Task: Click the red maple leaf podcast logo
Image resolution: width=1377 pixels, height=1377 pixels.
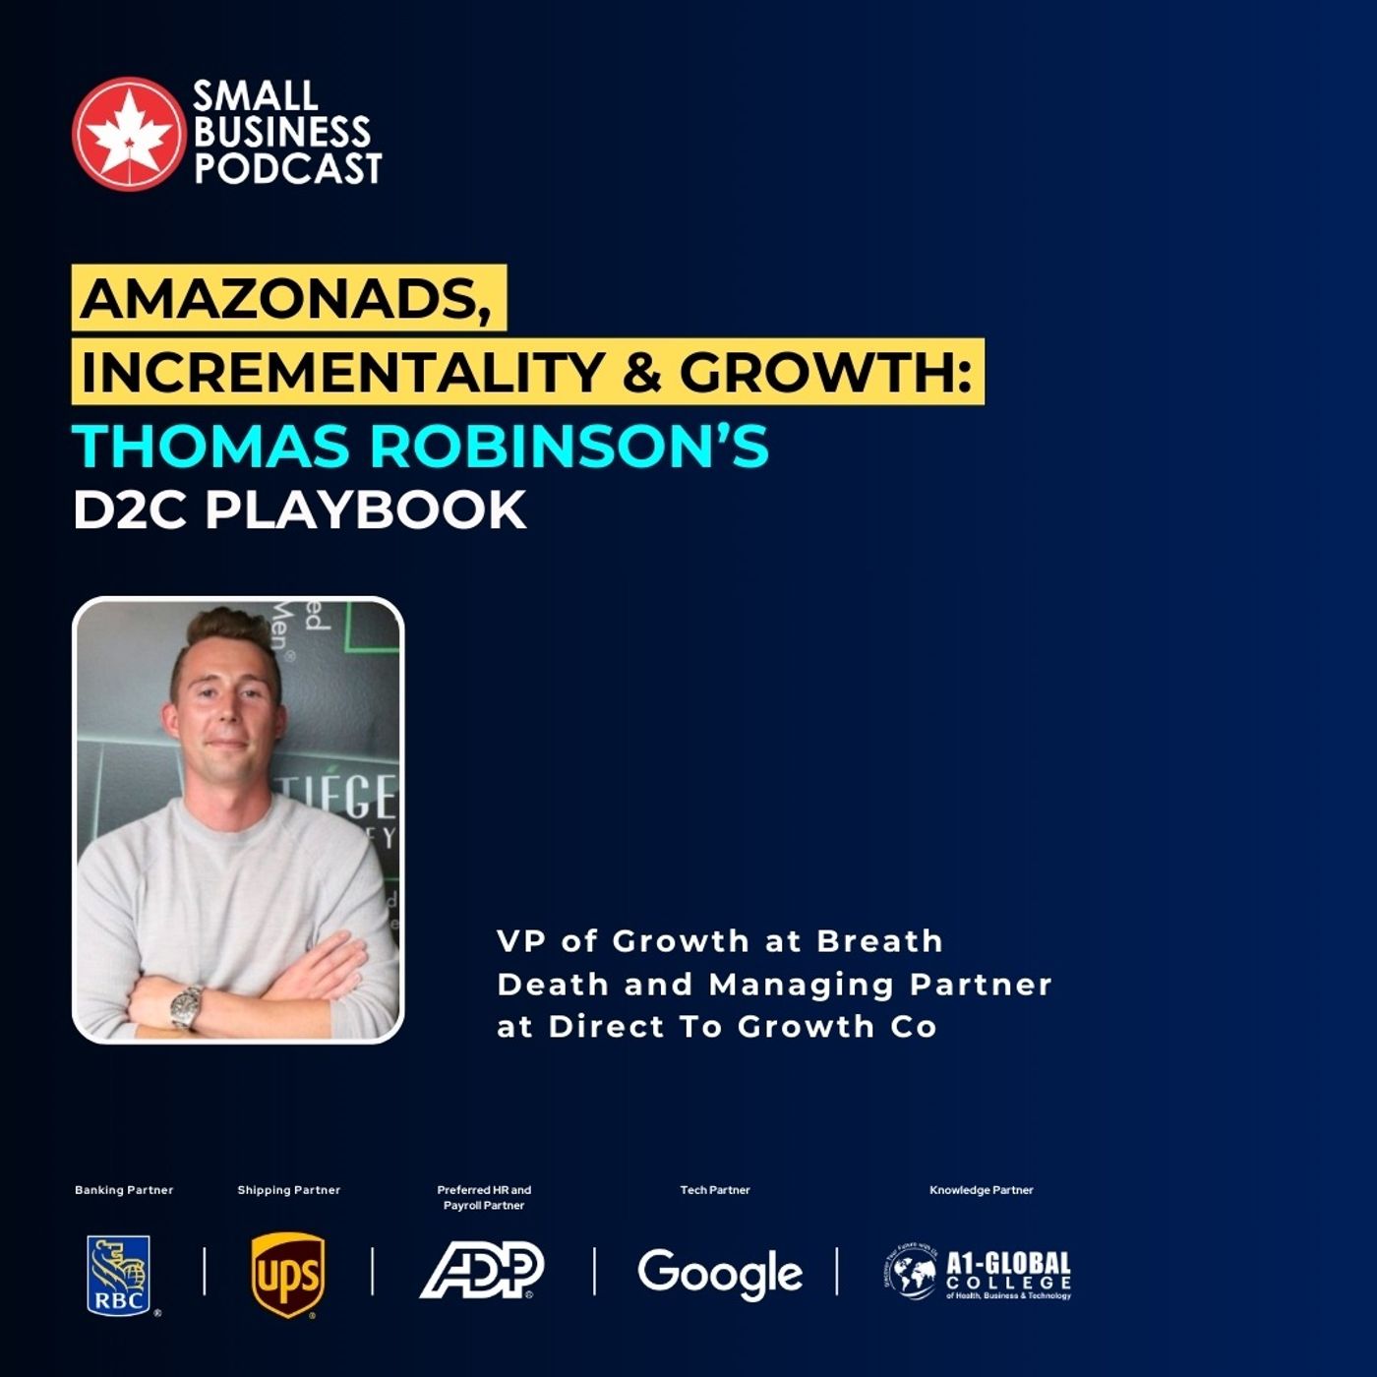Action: click(129, 134)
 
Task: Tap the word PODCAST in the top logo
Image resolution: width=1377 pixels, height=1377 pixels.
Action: click(287, 169)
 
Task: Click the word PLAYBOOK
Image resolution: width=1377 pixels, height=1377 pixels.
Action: click(366, 509)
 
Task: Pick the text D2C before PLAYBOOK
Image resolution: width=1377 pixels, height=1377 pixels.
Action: click(129, 509)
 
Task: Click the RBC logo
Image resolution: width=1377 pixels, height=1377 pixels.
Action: click(119, 1275)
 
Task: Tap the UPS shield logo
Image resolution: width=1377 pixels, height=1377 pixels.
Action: click(287, 1275)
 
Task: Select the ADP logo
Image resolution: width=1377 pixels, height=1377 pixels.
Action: click(482, 1270)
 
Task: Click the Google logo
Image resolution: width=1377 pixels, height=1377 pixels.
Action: click(719, 1274)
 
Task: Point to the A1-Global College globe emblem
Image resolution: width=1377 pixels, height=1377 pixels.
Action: click(911, 1273)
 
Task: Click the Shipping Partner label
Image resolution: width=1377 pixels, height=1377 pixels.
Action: click(288, 1190)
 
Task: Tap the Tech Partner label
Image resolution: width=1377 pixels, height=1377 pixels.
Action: click(715, 1190)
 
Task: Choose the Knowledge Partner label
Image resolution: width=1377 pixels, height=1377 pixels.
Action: click(981, 1190)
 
